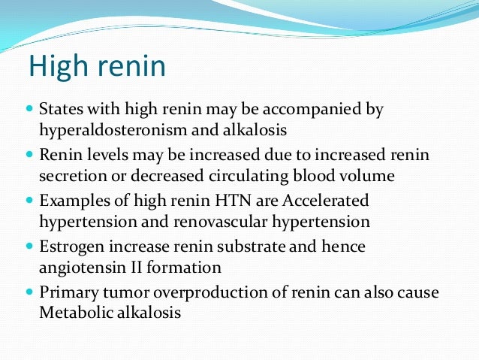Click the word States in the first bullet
point(62,110)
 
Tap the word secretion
point(71,177)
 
